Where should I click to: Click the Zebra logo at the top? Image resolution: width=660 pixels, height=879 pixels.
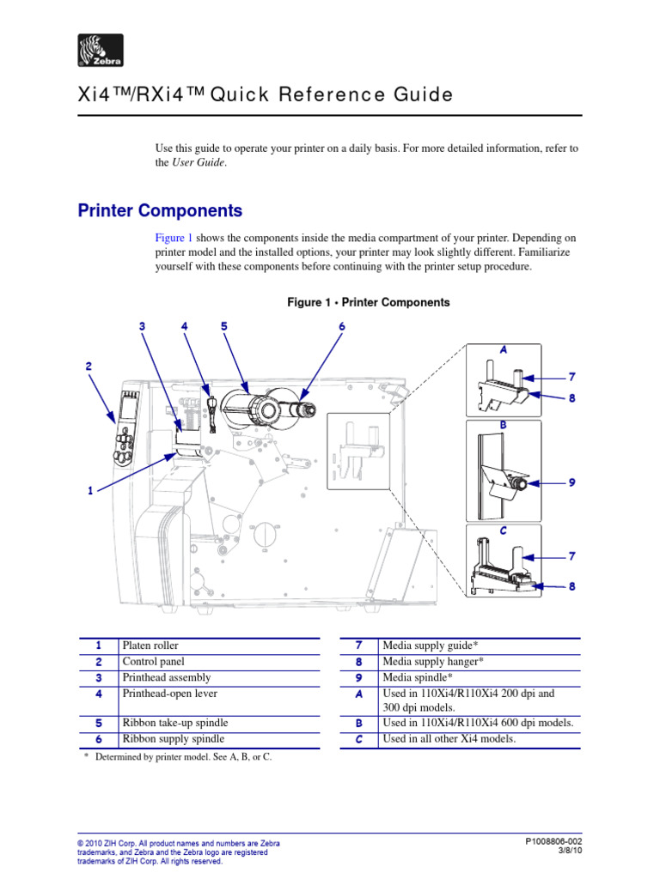[x=101, y=51]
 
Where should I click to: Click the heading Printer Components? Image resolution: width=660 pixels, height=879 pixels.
[x=160, y=211]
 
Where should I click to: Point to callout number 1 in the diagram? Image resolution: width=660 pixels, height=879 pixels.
[x=89, y=491]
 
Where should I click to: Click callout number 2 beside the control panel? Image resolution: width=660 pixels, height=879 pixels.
[x=88, y=367]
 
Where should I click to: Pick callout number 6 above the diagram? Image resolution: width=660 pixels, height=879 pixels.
[x=341, y=326]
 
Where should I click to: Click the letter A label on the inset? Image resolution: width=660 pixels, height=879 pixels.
[x=504, y=350]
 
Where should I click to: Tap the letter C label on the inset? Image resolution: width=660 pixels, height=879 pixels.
[x=504, y=531]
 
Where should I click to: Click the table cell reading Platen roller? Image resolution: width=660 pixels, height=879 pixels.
[x=150, y=646]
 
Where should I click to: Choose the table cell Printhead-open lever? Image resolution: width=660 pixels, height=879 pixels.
[x=169, y=694]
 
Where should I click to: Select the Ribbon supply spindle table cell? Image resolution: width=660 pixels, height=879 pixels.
[x=173, y=739]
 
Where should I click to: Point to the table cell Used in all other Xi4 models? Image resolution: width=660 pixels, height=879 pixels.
[x=449, y=739]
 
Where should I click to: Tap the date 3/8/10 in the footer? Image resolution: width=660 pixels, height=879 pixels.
[x=569, y=852]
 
